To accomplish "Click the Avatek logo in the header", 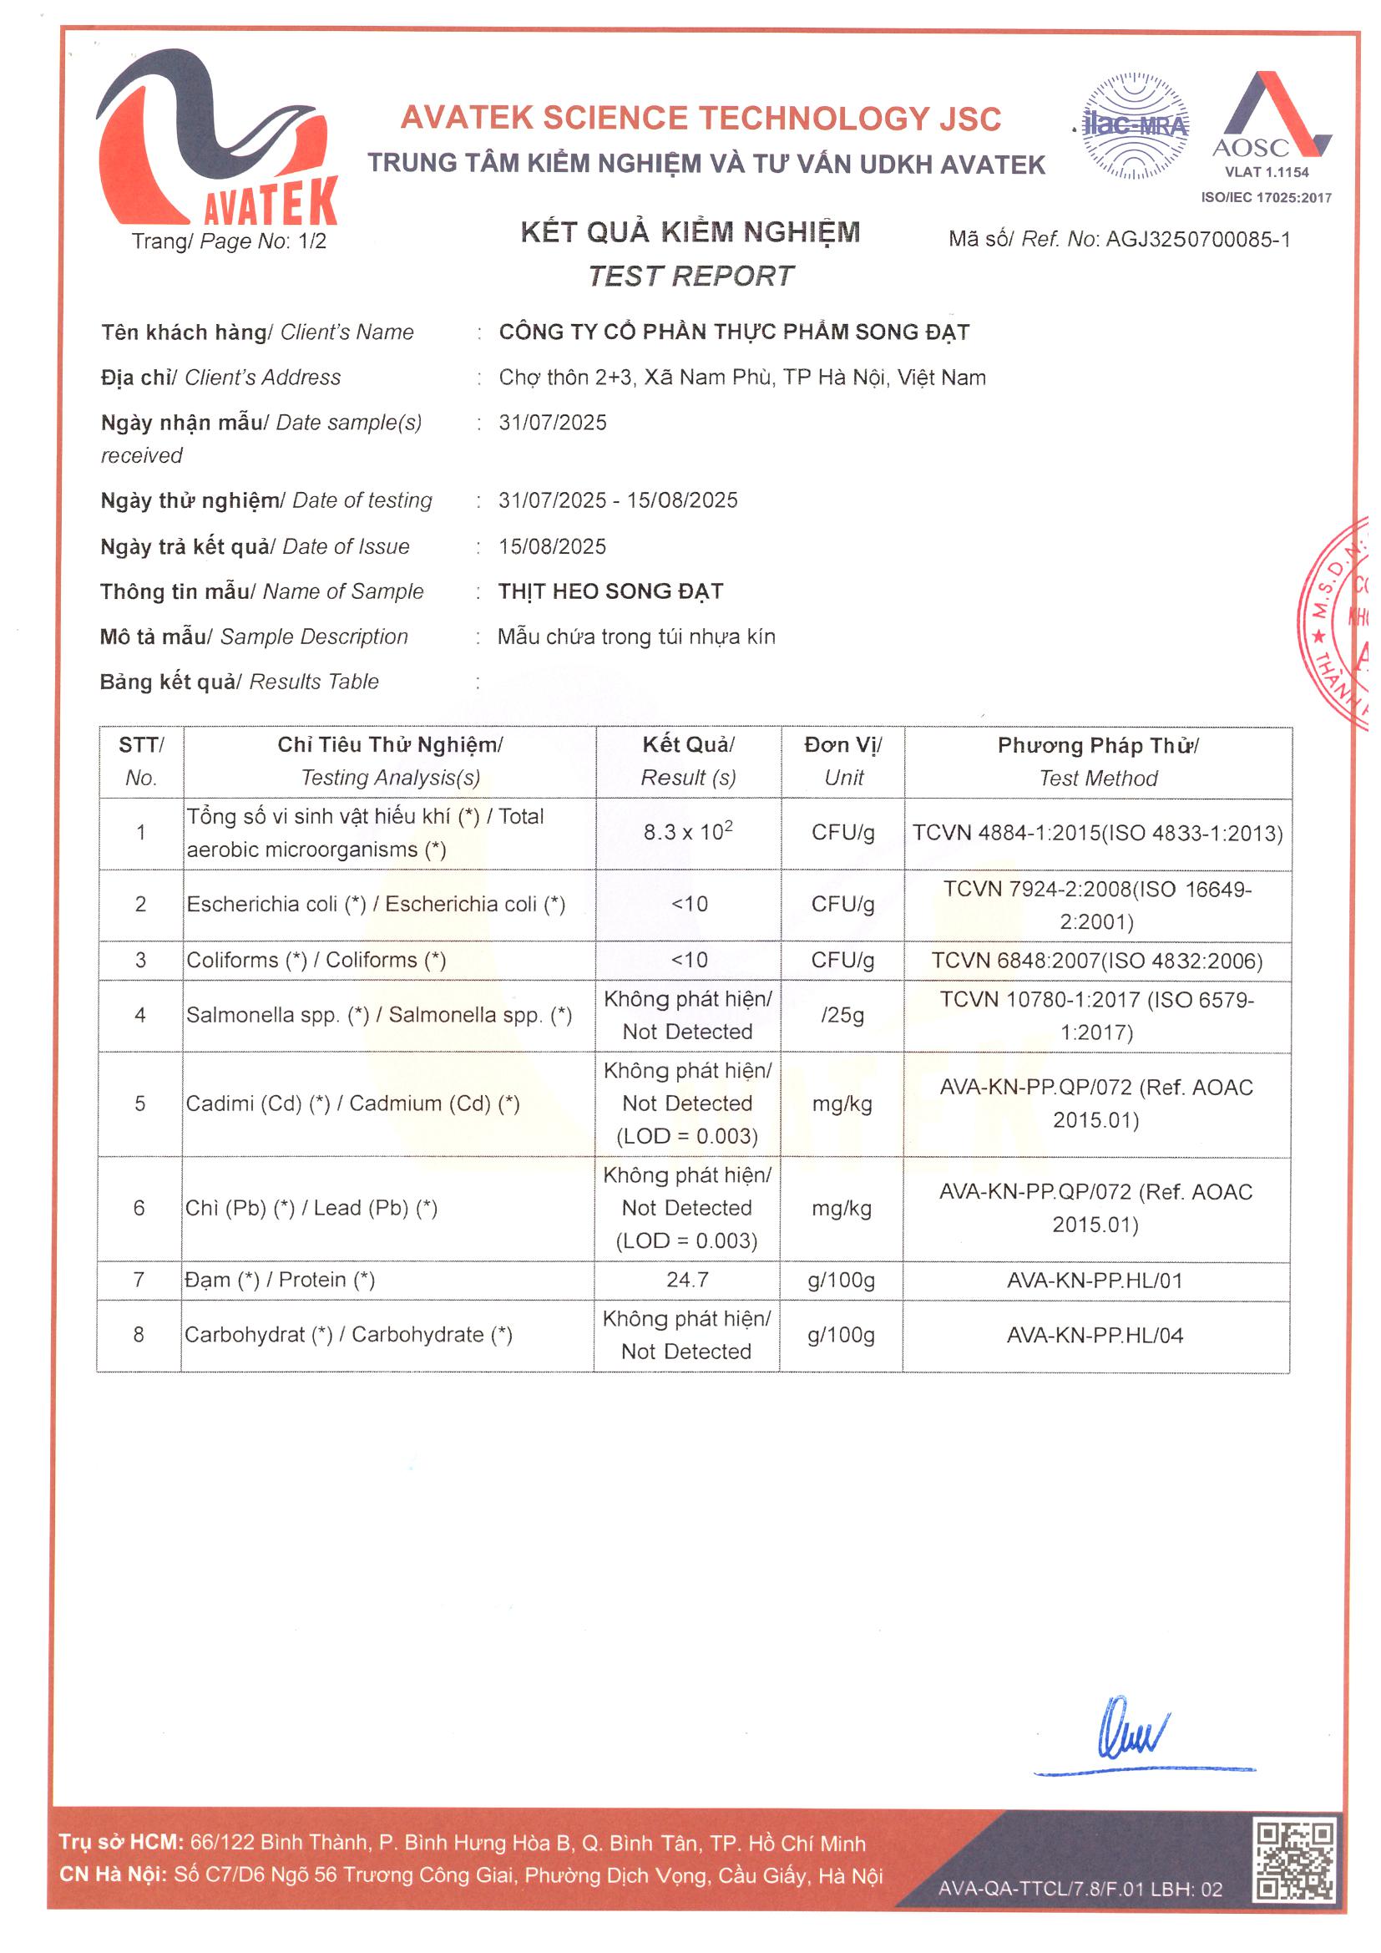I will click(x=217, y=140).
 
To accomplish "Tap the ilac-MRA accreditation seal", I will click(x=1136, y=126).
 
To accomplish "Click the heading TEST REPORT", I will click(x=690, y=276).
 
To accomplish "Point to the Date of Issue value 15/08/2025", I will click(x=553, y=546).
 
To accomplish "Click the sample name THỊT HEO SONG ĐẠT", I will click(x=610, y=591).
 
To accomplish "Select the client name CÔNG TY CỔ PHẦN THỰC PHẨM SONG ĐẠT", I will click(x=734, y=332).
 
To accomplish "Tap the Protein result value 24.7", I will click(x=687, y=1280).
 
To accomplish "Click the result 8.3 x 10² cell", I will click(x=688, y=832).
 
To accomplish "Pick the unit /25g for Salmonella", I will click(x=842, y=1015).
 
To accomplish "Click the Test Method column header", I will click(x=1098, y=761).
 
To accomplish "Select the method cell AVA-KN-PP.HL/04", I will click(x=1095, y=1335).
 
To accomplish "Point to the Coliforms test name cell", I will click(x=316, y=960).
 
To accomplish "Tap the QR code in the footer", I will click(x=1295, y=1860).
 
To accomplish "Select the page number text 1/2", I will click(x=312, y=241).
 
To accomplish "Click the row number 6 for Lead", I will click(x=139, y=1208).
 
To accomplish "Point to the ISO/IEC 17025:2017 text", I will click(x=1265, y=197).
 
